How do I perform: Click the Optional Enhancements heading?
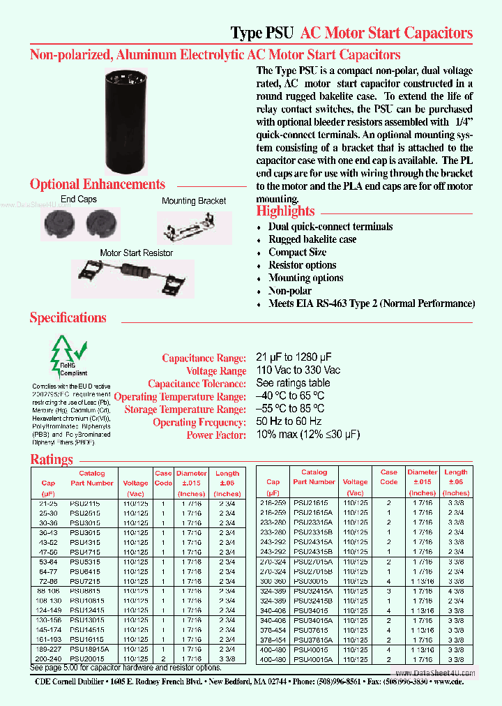[x=98, y=185]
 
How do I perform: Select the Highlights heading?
[x=285, y=211]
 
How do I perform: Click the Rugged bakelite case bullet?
[x=312, y=239]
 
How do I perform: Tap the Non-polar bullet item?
[x=290, y=291]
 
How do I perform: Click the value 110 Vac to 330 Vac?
[x=298, y=370]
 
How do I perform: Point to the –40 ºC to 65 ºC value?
[x=290, y=396]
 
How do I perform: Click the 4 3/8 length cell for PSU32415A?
[x=456, y=590]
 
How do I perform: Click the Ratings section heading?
[x=52, y=460]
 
